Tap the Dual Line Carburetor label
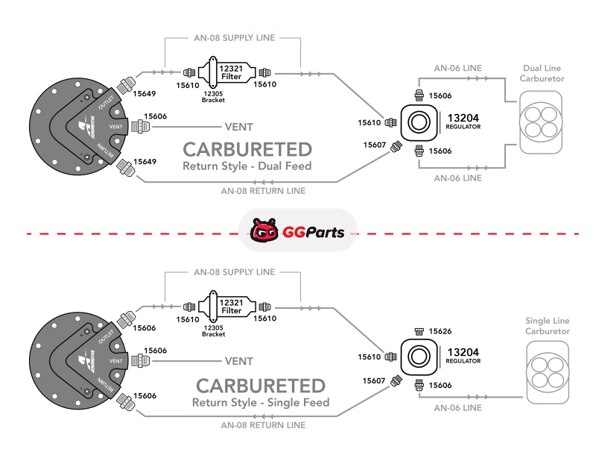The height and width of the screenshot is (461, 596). click(542, 73)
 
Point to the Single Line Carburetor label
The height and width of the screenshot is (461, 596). click(548, 325)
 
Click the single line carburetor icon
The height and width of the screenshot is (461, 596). click(548, 373)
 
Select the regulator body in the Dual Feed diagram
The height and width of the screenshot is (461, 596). click(420, 122)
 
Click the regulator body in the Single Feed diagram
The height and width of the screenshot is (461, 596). click(420, 357)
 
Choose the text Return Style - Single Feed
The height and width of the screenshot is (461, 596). click(260, 403)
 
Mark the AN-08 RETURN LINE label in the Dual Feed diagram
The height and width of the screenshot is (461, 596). click(263, 190)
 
